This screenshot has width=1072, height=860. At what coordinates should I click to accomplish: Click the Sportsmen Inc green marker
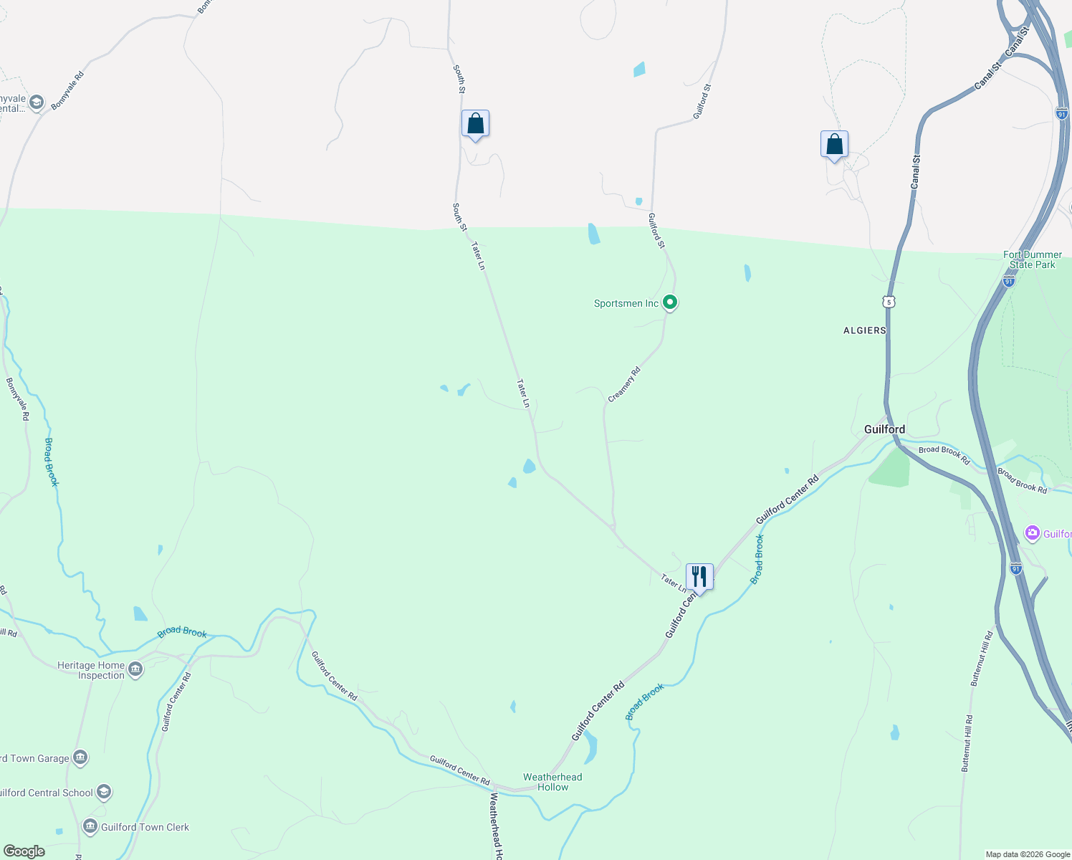point(670,303)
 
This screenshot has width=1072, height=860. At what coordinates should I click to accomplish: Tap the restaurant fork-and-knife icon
point(699,576)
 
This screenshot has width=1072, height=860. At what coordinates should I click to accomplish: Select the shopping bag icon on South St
point(475,124)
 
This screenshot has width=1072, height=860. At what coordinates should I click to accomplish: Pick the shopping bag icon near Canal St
point(834,145)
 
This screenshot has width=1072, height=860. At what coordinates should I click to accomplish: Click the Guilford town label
point(884,429)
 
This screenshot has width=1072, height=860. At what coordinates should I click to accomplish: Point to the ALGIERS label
point(865,330)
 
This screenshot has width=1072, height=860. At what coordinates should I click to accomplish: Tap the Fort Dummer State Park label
point(1032,259)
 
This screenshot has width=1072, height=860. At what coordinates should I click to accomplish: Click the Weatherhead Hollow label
point(552,782)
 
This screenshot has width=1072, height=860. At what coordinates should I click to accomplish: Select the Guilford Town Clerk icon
point(90,826)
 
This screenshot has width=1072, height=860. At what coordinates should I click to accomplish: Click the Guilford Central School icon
point(104,792)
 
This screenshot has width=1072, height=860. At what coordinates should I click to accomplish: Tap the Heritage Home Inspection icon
point(135,669)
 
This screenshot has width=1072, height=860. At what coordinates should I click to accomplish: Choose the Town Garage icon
point(80,758)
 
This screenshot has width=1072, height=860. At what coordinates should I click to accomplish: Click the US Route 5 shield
point(889,302)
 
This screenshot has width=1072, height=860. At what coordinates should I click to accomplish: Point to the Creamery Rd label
point(624,385)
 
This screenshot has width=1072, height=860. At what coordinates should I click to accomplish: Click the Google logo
point(24,851)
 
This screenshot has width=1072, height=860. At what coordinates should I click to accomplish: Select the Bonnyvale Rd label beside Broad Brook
point(18,398)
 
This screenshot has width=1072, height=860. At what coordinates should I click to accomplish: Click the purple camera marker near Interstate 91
point(1032,532)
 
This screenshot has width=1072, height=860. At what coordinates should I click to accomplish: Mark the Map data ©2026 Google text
point(1028,854)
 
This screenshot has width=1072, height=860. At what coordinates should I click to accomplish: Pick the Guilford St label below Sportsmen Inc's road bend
point(656,231)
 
